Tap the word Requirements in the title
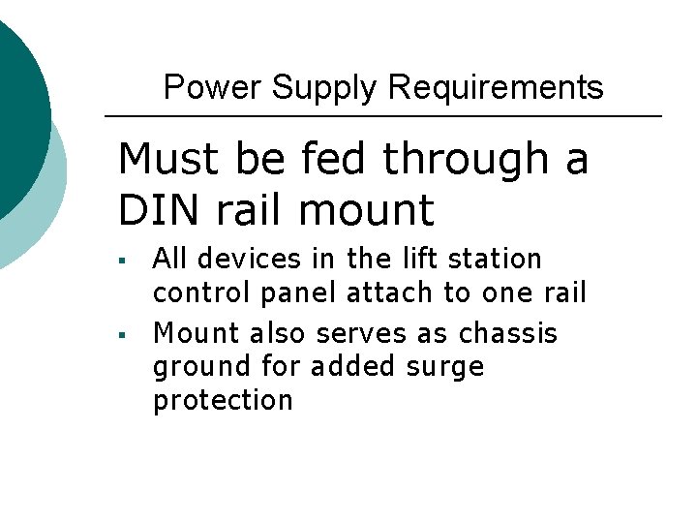click(496, 88)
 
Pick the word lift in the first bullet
click(409, 260)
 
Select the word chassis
click(508, 334)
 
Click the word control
click(197, 293)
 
